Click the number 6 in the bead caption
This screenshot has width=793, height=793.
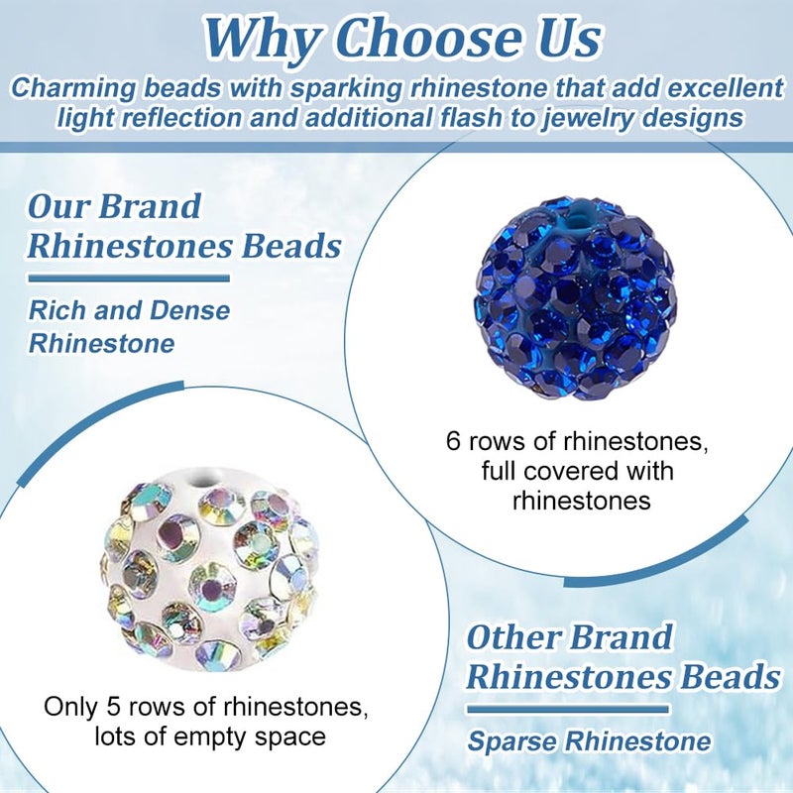[x=453, y=438]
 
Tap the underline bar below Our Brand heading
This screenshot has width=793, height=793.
[x=128, y=279]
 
